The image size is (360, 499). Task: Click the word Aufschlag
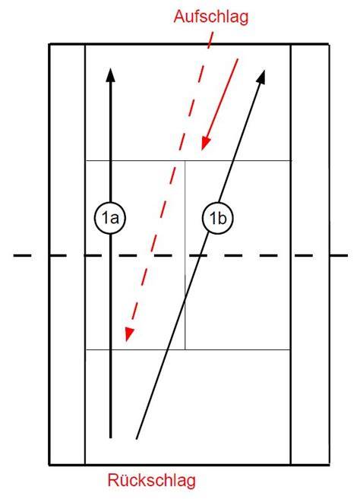pyautogui.click(x=211, y=17)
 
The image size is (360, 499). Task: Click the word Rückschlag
pyautogui.click(x=152, y=480)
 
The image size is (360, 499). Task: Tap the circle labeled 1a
pyautogui.click(x=110, y=218)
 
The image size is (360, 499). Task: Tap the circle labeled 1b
pyautogui.click(x=218, y=218)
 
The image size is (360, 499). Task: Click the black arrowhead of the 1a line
pyautogui.click(x=110, y=74)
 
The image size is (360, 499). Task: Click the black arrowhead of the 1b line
pyautogui.click(x=261, y=77)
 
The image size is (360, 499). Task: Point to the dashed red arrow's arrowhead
pyautogui.click(x=128, y=334)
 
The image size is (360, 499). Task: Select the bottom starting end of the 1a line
pyautogui.click(x=110, y=438)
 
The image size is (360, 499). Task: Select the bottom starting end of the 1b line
pyautogui.click(x=137, y=439)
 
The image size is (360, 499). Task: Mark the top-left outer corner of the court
pyautogui.click(x=49, y=44)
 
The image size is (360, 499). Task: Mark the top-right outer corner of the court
pyautogui.click(x=329, y=44)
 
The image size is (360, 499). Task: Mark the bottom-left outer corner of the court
pyautogui.click(x=49, y=465)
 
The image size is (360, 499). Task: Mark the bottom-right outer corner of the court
pyautogui.click(x=329, y=465)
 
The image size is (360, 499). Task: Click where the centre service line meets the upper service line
pyautogui.click(x=185, y=161)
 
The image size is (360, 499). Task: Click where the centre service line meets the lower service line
pyautogui.click(x=185, y=349)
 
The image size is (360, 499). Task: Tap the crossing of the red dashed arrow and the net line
pyautogui.click(x=151, y=255)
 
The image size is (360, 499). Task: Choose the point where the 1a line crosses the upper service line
pyautogui.click(x=110, y=161)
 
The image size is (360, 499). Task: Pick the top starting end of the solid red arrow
pyautogui.click(x=238, y=59)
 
